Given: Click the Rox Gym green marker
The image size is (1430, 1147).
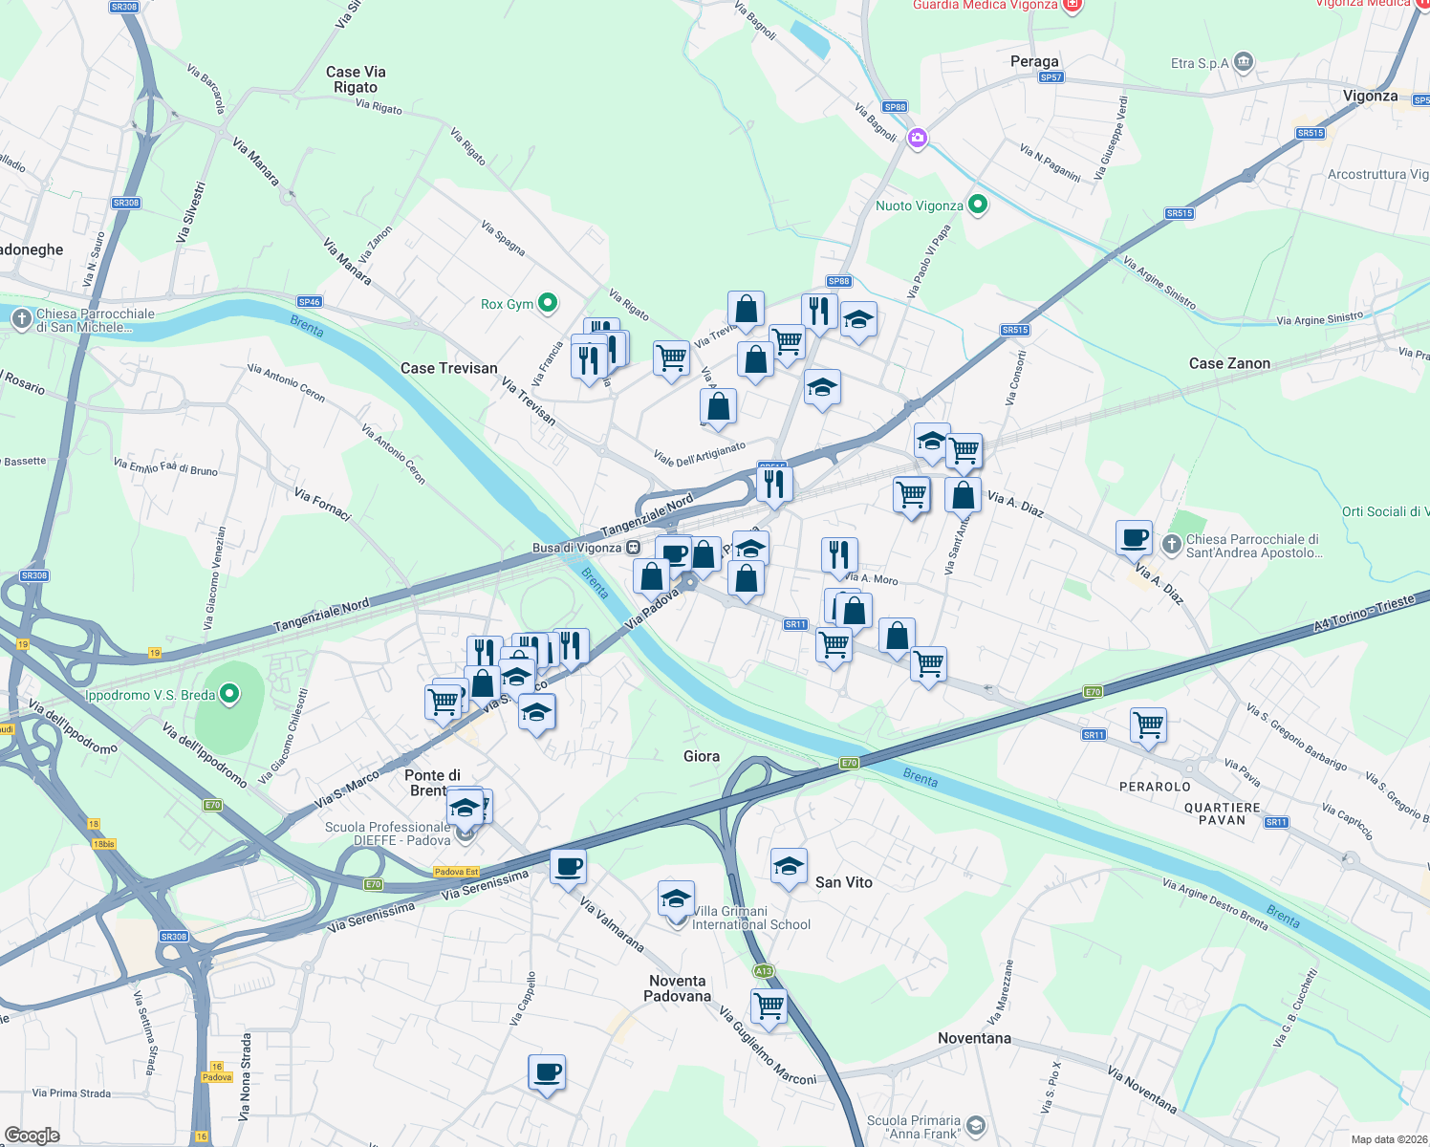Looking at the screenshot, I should pyautogui.click(x=548, y=303).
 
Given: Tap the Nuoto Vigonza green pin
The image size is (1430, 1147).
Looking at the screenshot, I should pyautogui.click(x=977, y=205).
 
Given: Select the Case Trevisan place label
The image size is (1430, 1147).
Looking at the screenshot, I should pyautogui.click(x=448, y=368).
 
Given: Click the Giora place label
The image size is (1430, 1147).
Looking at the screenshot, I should pyautogui.click(x=702, y=756).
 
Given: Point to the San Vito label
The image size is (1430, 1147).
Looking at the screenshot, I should pyautogui.click(x=843, y=882).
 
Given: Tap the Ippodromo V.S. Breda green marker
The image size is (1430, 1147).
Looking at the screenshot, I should pyautogui.click(x=229, y=694).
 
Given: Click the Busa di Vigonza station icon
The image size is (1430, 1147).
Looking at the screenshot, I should pyautogui.click(x=633, y=548).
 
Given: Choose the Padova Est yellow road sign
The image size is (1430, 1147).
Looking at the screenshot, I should pyautogui.click(x=456, y=872).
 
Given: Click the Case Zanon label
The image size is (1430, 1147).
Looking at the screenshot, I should pyautogui.click(x=1229, y=363).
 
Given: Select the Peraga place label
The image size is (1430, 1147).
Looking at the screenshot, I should pyautogui.click(x=1034, y=61).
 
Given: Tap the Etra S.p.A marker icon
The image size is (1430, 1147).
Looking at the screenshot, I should pyautogui.click(x=1243, y=63).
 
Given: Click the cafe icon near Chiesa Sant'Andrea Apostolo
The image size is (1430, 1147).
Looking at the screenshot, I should pyautogui.click(x=1135, y=537).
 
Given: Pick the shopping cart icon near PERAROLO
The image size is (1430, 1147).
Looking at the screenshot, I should pyautogui.click(x=1148, y=724).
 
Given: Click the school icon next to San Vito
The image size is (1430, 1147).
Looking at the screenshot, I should pyautogui.click(x=789, y=867).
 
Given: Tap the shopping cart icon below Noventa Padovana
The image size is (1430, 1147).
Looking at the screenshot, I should pyautogui.click(x=769, y=1006).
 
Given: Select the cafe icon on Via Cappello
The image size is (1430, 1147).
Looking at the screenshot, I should pyautogui.click(x=547, y=1071).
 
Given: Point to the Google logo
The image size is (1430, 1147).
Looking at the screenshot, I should pyautogui.click(x=32, y=1136).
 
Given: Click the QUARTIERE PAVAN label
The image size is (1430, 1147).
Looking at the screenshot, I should pyautogui.click(x=1223, y=813).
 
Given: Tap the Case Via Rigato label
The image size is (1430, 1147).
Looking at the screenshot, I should pyautogui.click(x=356, y=79).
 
